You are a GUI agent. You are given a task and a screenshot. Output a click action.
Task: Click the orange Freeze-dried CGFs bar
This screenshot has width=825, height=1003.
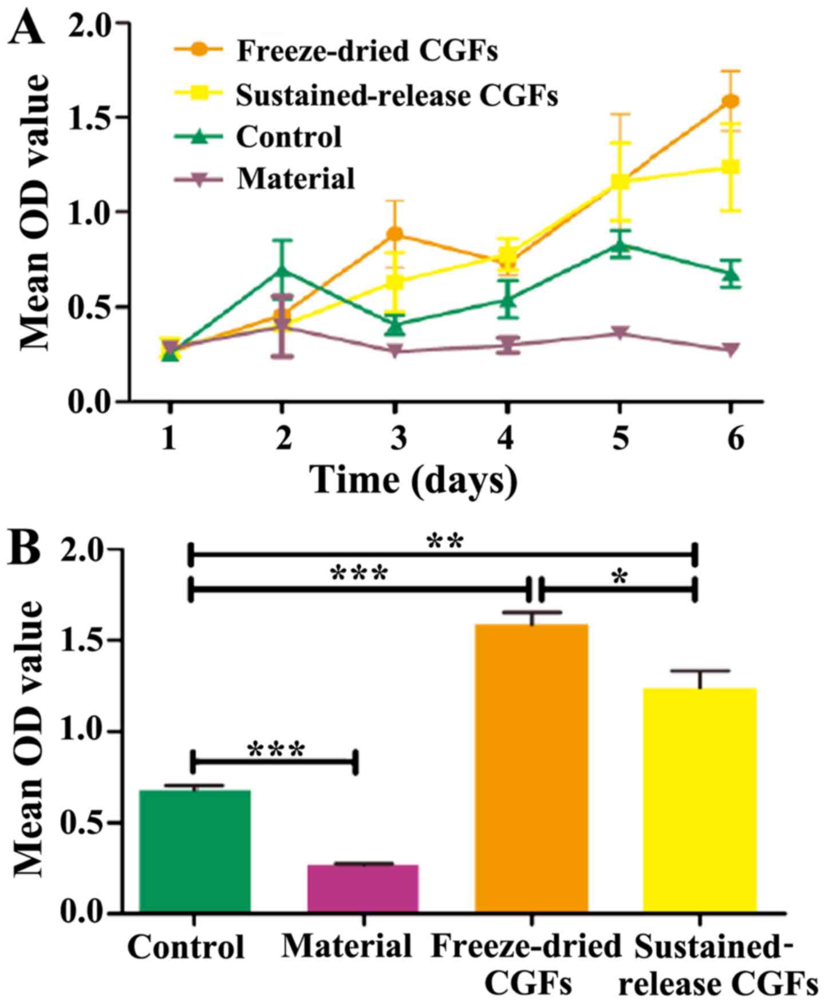(x=531, y=767)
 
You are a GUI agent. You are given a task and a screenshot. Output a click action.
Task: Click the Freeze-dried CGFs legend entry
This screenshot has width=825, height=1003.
(x=366, y=52)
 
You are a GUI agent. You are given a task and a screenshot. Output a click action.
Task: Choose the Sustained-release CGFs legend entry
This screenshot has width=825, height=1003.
(x=396, y=95)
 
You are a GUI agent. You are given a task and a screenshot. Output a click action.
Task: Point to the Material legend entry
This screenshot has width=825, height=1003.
(x=295, y=179)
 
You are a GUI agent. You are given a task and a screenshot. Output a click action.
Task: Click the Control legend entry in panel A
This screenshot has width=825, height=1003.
(x=289, y=137)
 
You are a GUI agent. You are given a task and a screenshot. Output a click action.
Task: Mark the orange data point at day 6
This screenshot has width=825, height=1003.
(x=731, y=101)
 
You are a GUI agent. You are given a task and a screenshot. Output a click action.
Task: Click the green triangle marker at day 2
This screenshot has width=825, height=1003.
(x=281, y=269)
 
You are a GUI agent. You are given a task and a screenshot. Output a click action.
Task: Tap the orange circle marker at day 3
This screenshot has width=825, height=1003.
(x=394, y=234)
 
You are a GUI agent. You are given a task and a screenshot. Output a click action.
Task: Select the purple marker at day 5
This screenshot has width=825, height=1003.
(x=619, y=333)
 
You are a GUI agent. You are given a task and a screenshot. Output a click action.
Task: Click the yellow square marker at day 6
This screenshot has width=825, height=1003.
(x=731, y=167)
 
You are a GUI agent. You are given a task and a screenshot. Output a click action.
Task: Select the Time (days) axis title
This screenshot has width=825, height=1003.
(x=414, y=480)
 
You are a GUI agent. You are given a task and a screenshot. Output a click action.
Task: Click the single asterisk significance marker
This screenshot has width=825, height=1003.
(x=618, y=578)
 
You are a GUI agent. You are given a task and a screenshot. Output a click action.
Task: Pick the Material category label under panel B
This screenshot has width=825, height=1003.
(x=347, y=946)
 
